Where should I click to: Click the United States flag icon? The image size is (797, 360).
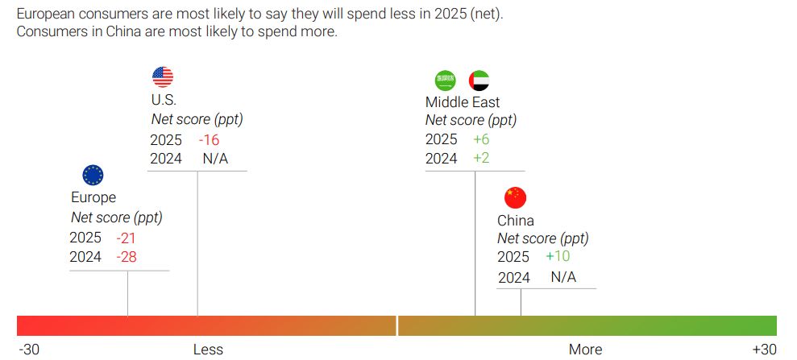coord(163,77)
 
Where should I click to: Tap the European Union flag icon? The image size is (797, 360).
coord(93,175)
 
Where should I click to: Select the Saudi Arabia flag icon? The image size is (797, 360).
coord(446,80)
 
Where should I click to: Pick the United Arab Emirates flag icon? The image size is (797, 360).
coord(479,80)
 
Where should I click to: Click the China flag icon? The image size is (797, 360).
coord(514,197)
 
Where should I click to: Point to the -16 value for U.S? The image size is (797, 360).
coord(209,139)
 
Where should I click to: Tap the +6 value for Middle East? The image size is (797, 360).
coord(481,139)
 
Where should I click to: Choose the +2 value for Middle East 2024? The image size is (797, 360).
coord(481,159)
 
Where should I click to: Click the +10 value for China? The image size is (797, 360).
coord(558,257)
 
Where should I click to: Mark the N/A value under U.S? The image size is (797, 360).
coord(215,159)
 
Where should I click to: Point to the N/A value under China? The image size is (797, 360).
coord(563,278)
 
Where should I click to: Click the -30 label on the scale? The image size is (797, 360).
coord(29,349)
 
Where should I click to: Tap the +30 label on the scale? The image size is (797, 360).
coord(764,349)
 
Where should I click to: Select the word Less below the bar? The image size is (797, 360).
coord(208,349)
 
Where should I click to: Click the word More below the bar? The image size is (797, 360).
coord(585,349)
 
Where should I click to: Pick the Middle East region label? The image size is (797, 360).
coord(463,102)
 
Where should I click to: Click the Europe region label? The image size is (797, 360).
coord(93,197)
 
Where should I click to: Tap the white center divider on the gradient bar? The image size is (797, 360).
coord(397,325)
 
